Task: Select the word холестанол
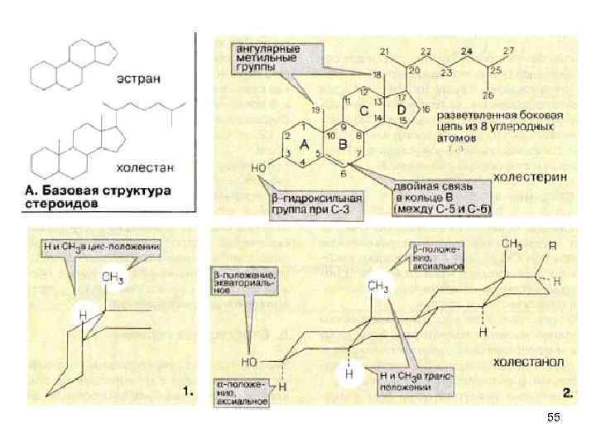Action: tap(531, 363)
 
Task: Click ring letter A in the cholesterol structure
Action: tap(304, 144)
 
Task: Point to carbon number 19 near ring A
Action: tap(315, 109)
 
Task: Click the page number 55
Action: tap(554, 420)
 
